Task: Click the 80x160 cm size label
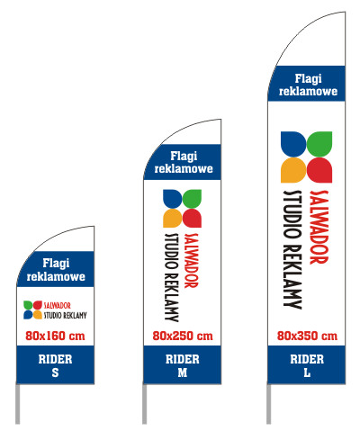tap(55, 336)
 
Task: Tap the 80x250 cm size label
tap(183, 336)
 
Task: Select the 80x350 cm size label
tap(307, 336)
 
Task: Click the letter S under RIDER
tap(55, 373)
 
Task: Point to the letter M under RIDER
tap(183, 373)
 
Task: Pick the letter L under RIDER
tap(307, 373)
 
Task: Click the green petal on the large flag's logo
tap(319, 144)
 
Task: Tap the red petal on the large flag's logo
tap(319, 170)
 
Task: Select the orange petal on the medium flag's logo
tap(172, 219)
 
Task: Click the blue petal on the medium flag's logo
tap(172, 199)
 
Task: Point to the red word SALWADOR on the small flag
tap(58, 306)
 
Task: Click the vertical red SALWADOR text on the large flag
tap(319, 227)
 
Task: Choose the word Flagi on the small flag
tap(56, 264)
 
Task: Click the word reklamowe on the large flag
tap(308, 91)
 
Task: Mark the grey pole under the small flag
tap(18, 404)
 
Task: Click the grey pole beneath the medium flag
tap(145, 404)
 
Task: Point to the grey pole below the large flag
tap(268, 404)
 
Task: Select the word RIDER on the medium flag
tap(183, 359)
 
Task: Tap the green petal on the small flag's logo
tap(28, 305)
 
